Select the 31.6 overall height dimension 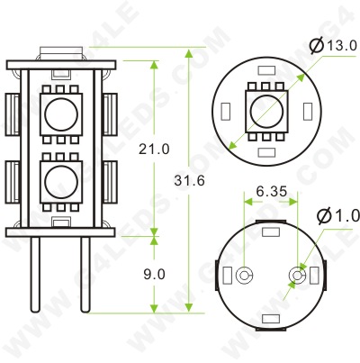193,181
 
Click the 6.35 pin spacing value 271,191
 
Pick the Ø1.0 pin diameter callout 338,217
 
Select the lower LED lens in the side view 60,179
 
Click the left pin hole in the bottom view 245,273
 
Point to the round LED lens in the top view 267,112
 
